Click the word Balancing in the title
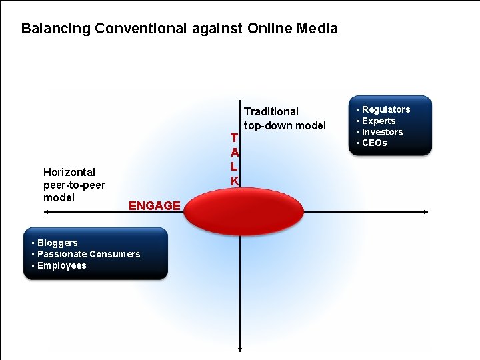coord(56,29)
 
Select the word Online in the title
coord(270,29)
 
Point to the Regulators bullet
coord(386,109)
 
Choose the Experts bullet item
coord(379,121)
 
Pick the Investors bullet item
coord(382,132)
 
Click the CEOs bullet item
coord(375,143)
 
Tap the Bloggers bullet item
coord(57,243)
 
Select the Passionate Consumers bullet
coord(89,254)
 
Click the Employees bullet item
coord(62,265)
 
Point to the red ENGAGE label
coord(154,206)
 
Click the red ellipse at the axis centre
coord(239,213)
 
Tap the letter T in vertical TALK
coord(234,138)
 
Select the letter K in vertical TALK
coord(235,181)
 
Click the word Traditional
coord(271,111)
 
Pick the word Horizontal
coord(69,172)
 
